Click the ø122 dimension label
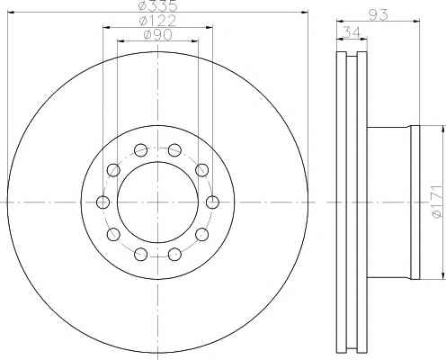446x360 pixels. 157,21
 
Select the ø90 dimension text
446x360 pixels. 158,35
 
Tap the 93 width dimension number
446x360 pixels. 378,14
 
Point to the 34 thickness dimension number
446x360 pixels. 351,31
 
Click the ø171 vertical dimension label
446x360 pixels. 437,201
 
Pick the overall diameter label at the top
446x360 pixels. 157,5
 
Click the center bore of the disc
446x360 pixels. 157,202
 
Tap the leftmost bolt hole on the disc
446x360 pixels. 103,202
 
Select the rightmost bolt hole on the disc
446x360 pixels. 212,202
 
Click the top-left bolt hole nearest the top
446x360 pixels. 140,149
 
